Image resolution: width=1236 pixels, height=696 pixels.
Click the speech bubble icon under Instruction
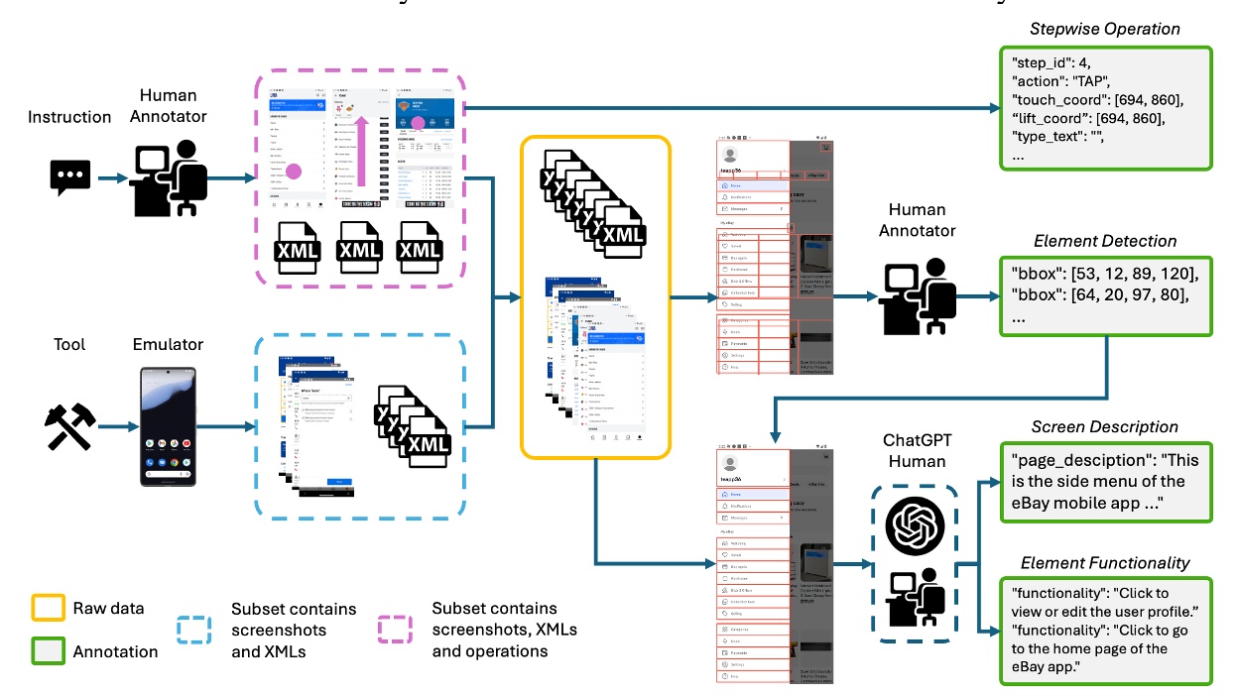(70, 178)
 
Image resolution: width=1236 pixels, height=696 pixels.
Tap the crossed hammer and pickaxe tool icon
(69, 427)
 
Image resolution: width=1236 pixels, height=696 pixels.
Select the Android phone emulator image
(168, 426)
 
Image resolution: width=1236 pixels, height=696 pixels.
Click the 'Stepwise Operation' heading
(1105, 29)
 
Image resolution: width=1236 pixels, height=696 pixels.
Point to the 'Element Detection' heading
(1104, 241)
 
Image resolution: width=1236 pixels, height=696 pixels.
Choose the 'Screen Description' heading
(1104, 427)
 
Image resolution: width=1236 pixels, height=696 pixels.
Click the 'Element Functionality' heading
(1105, 562)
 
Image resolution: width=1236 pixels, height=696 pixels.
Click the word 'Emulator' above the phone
(168, 344)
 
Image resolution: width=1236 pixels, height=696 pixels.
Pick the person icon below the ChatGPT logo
(915, 598)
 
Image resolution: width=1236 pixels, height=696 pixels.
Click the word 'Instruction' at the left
(69, 117)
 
